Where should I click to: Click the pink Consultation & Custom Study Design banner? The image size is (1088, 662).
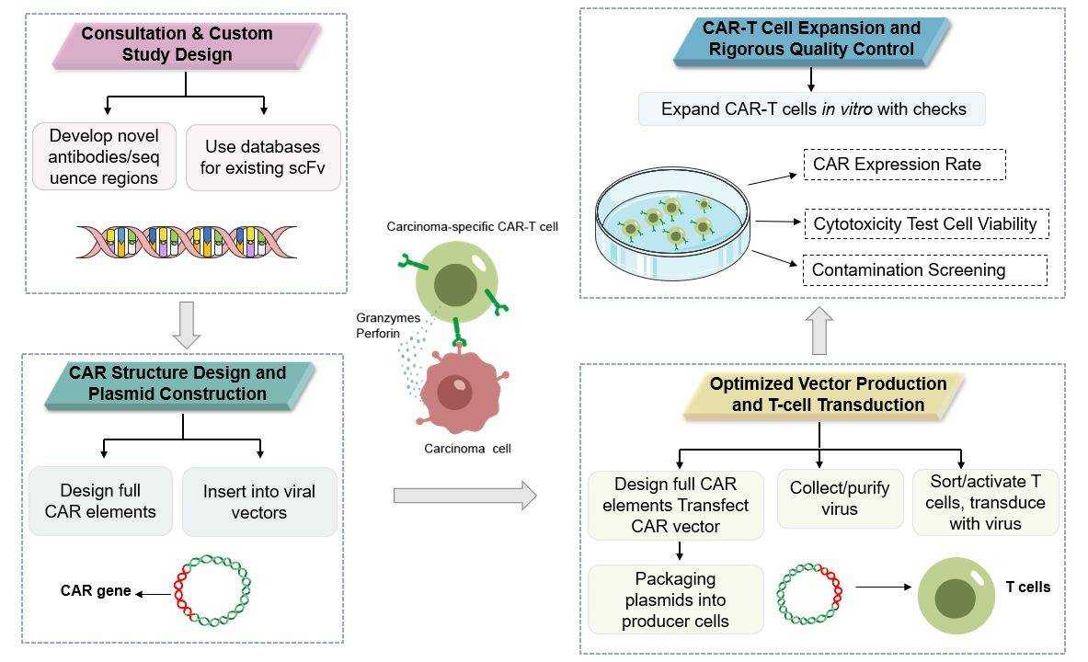[x=185, y=45]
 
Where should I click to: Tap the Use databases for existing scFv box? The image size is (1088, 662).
[x=263, y=158]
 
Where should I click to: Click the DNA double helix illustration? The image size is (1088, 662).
[x=186, y=242]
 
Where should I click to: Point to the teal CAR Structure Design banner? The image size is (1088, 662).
[x=178, y=383]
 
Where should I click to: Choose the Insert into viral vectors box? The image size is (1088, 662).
[x=258, y=502]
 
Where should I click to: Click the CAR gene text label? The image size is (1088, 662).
[x=96, y=591]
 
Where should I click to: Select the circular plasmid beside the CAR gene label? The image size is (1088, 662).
[x=212, y=590]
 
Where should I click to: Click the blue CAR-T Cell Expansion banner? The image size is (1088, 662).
[x=812, y=39]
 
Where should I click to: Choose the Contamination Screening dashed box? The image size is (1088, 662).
[x=924, y=270]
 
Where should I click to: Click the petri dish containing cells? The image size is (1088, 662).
[x=669, y=225]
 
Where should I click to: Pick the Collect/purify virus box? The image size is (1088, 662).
[x=840, y=498]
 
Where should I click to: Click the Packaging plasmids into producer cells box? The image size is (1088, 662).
[x=676, y=600]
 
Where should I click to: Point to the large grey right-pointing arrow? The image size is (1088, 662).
[x=464, y=496]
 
